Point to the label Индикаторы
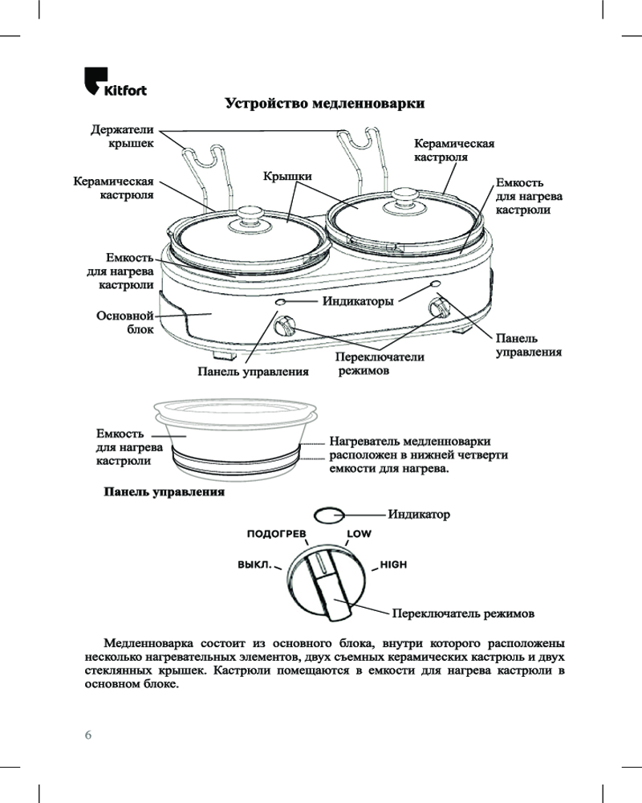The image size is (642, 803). [358, 302]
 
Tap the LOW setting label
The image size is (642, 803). [359, 533]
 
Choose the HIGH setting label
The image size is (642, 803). [394, 565]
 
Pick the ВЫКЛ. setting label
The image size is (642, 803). [254, 565]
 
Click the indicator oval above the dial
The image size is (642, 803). [327, 514]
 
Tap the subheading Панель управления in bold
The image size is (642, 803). [163, 491]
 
